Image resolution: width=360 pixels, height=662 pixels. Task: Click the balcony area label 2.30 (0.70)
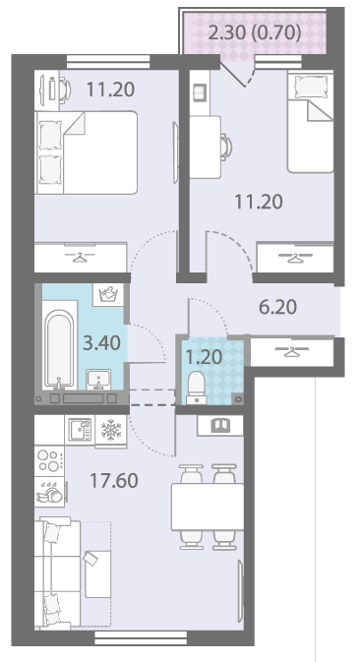click(x=255, y=32)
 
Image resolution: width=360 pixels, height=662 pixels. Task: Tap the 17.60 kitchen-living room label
click(x=114, y=480)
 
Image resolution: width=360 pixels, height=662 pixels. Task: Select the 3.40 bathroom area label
click(x=101, y=343)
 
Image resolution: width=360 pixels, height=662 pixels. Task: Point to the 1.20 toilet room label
click(x=205, y=357)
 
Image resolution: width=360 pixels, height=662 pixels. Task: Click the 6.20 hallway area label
click(x=277, y=307)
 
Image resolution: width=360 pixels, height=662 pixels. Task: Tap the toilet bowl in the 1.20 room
click(x=197, y=388)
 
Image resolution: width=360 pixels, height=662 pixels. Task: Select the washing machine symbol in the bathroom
click(x=108, y=294)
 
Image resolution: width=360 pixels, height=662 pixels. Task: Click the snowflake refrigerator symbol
click(x=111, y=430)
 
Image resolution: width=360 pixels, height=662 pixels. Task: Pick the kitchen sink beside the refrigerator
click(x=80, y=430)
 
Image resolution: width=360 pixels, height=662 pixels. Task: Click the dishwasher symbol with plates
click(x=49, y=492)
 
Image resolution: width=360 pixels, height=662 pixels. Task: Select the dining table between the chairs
click(x=208, y=507)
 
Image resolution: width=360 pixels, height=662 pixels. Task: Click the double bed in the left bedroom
click(x=87, y=152)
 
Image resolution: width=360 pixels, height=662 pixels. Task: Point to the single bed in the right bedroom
click(x=310, y=122)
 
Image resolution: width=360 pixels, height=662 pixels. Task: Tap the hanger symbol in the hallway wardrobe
click(x=291, y=351)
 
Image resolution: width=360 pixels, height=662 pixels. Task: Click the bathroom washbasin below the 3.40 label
click(x=98, y=380)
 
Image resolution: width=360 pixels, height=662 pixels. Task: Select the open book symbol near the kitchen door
click(x=220, y=425)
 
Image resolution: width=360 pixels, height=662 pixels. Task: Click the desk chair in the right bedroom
click(x=226, y=147)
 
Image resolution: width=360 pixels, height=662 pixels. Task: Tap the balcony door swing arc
click(x=251, y=77)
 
